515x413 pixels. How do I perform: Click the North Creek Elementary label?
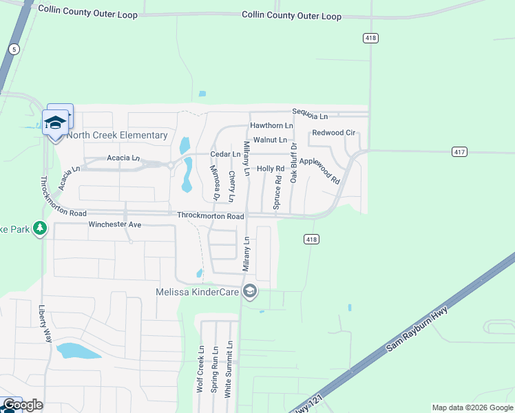click(x=117, y=136)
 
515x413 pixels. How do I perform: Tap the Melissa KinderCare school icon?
click(x=250, y=292)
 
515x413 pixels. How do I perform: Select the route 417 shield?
click(x=461, y=151)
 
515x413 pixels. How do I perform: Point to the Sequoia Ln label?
click(x=310, y=112)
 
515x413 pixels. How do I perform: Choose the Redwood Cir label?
click(x=333, y=133)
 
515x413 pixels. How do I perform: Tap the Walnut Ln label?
click(x=270, y=140)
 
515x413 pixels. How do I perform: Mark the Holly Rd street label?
click(x=271, y=169)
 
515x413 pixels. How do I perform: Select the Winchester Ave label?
click(x=114, y=225)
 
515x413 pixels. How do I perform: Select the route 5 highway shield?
click(x=13, y=49)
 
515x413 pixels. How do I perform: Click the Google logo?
click(x=23, y=405)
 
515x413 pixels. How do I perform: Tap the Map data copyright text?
click(x=472, y=407)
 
